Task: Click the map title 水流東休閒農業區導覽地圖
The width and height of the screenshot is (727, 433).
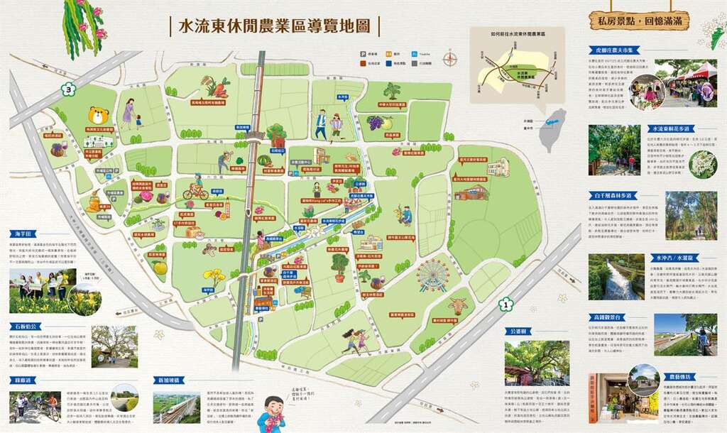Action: click(x=275, y=27)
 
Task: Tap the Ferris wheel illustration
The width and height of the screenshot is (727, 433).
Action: click(x=432, y=276)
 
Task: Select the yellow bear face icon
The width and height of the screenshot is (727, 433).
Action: click(x=98, y=115)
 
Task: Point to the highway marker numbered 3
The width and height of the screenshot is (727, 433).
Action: click(x=68, y=90)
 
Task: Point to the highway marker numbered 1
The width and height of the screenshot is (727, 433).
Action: click(x=505, y=306)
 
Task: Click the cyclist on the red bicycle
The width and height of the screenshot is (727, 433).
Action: click(x=195, y=190)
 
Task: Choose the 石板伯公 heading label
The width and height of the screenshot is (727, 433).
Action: click(x=23, y=327)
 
